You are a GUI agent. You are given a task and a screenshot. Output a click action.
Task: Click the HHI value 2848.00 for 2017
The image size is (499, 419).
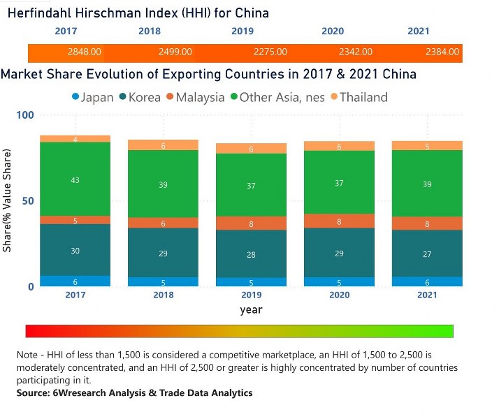pyautogui.click(x=85, y=52)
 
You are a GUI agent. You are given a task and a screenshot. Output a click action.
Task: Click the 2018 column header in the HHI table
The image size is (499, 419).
pyautogui.click(x=150, y=31)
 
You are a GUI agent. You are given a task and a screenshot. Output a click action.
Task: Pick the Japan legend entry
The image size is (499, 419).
pyautogui.click(x=92, y=97)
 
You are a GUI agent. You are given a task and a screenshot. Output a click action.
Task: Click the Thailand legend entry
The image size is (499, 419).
pyautogui.click(x=358, y=97)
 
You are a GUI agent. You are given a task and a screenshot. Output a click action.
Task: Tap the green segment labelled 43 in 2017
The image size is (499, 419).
pyautogui.click(x=75, y=180)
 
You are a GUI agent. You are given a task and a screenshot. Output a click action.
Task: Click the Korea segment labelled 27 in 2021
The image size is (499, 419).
pyautogui.click(x=427, y=254)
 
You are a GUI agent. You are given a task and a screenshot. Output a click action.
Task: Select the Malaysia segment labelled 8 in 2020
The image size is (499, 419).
pyautogui.click(x=339, y=221)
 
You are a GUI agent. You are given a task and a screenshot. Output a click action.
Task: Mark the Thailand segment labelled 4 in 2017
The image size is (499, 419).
pyautogui.click(x=75, y=139)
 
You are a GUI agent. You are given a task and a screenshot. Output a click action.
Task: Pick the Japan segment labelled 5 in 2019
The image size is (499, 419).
pyautogui.click(x=251, y=283)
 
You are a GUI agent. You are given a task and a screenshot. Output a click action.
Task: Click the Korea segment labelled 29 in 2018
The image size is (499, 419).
pyautogui.click(x=163, y=253)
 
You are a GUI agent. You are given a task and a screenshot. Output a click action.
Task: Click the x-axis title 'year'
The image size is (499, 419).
pyautogui.click(x=251, y=309)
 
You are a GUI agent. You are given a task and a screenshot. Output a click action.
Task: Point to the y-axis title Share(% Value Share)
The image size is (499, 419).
pyautogui.click(x=8, y=201)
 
